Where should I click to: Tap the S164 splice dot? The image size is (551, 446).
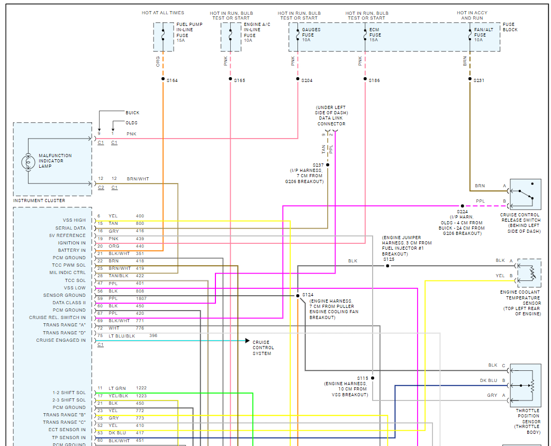click(163, 79)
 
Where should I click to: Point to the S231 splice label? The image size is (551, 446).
click(480, 80)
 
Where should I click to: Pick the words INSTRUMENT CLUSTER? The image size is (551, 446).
click(39, 201)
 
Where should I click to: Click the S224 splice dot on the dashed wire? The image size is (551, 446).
click(462, 206)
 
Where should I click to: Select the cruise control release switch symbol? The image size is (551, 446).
click(526, 195)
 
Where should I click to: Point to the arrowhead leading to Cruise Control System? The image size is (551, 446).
click(247, 341)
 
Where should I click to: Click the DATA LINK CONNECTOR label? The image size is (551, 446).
click(331, 121)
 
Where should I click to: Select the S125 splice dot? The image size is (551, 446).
click(387, 266)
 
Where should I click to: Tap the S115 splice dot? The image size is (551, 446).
click(373, 378)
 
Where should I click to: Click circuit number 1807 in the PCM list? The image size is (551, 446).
click(141, 298)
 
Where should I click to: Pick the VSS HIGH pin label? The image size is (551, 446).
click(74, 220)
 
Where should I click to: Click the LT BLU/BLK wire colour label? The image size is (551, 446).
click(122, 335)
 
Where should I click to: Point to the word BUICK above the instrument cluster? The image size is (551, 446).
click(132, 113)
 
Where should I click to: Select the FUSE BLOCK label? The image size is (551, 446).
click(510, 27)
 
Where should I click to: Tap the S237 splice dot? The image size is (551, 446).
click(328, 165)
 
